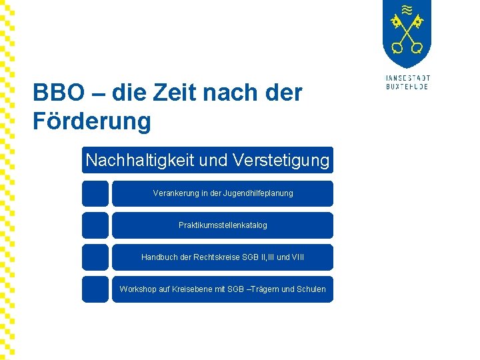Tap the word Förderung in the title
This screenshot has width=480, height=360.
coord(92,121)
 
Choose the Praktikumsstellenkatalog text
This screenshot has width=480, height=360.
coord(223,225)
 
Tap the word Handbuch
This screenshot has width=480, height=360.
coord(160,257)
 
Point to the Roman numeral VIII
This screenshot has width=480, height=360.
coord(298,257)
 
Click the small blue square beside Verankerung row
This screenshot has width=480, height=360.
coord(95,193)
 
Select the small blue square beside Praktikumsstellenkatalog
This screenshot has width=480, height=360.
coord(95,225)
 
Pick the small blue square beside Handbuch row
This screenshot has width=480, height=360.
coord(95,257)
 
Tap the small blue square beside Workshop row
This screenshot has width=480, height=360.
coord(95,289)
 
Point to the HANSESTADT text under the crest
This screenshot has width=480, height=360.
coord(407,78)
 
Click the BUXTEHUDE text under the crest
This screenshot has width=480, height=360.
coord(407,87)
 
